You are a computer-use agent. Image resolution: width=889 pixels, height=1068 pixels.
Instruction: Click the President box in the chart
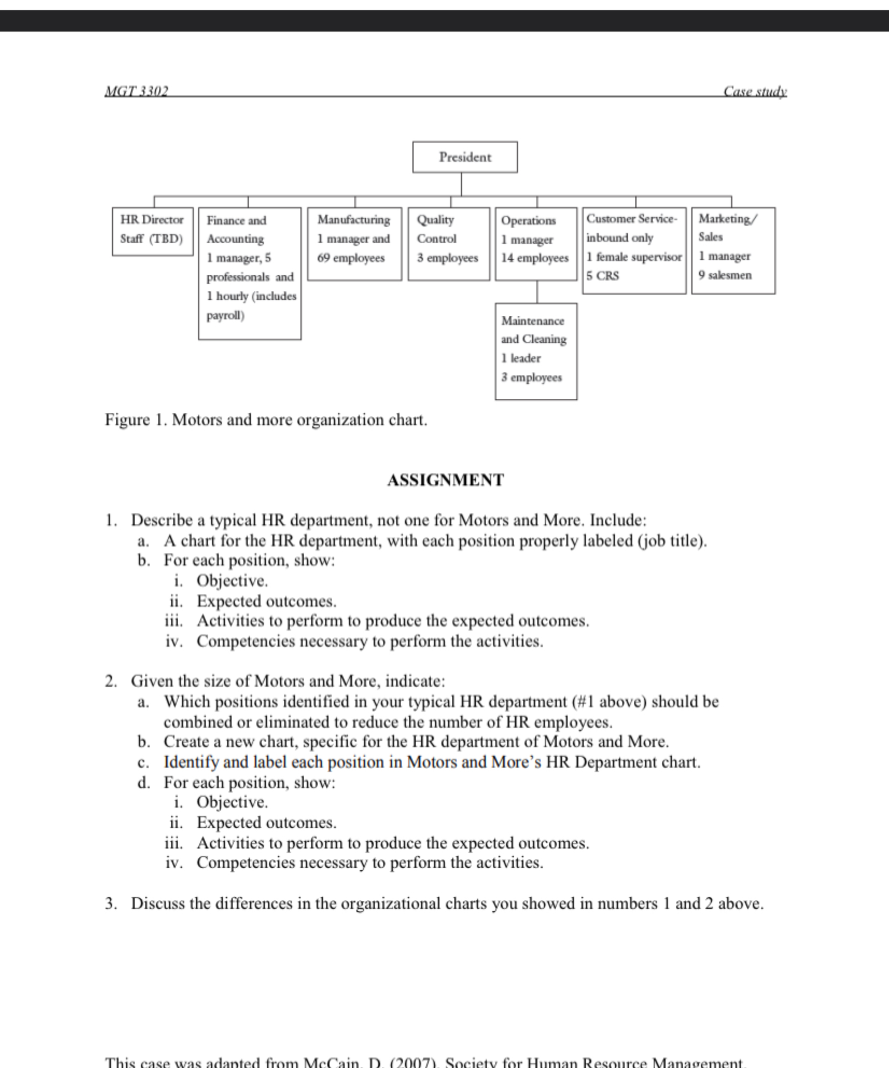(465, 157)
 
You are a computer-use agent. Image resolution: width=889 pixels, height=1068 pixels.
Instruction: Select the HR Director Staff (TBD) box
(152, 231)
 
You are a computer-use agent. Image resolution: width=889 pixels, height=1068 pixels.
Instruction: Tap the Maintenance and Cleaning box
(536, 351)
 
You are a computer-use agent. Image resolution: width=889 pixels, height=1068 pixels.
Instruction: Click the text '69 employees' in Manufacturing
(351, 258)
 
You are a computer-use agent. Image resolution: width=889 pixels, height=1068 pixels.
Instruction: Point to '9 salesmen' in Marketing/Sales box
(725, 275)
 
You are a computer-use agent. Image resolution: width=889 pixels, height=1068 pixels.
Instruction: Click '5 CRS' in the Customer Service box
(603, 276)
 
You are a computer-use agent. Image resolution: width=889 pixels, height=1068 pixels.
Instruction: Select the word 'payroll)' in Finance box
(225, 316)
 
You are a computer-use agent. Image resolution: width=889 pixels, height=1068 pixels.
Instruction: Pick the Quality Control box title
(436, 229)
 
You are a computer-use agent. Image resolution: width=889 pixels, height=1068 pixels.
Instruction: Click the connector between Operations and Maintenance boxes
(537, 292)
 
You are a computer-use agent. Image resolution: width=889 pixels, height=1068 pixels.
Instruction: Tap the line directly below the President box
(461, 184)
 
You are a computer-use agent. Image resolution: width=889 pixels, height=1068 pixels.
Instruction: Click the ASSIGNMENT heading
(445, 480)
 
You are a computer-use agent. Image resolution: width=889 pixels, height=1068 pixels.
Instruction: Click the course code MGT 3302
(136, 92)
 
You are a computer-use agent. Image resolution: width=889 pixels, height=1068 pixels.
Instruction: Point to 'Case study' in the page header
(755, 92)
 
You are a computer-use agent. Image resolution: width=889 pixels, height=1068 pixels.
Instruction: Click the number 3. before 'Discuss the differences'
(111, 904)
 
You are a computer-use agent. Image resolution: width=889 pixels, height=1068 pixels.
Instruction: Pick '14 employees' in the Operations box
(535, 258)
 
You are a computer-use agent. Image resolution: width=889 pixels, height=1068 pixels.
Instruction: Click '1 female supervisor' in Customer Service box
(634, 257)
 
